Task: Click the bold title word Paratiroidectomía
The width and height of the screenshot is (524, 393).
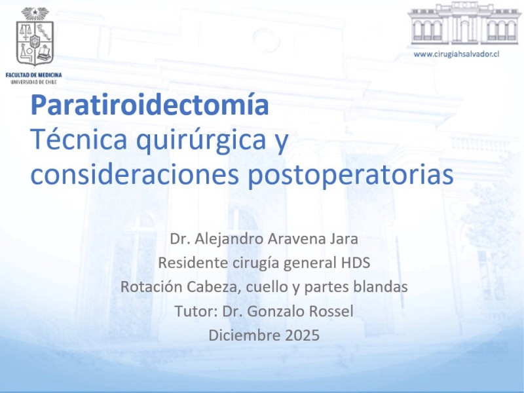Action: (150, 105)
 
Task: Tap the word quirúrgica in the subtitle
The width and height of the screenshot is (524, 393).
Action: (201, 140)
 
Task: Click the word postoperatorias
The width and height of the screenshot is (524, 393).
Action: (350, 176)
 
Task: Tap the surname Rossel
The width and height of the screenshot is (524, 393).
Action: (331, 311)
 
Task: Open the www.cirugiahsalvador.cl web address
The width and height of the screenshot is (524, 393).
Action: (456, 54)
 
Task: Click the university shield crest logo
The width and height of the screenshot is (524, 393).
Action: (35, 37)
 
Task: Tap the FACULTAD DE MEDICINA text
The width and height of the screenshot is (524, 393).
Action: (34, 75)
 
